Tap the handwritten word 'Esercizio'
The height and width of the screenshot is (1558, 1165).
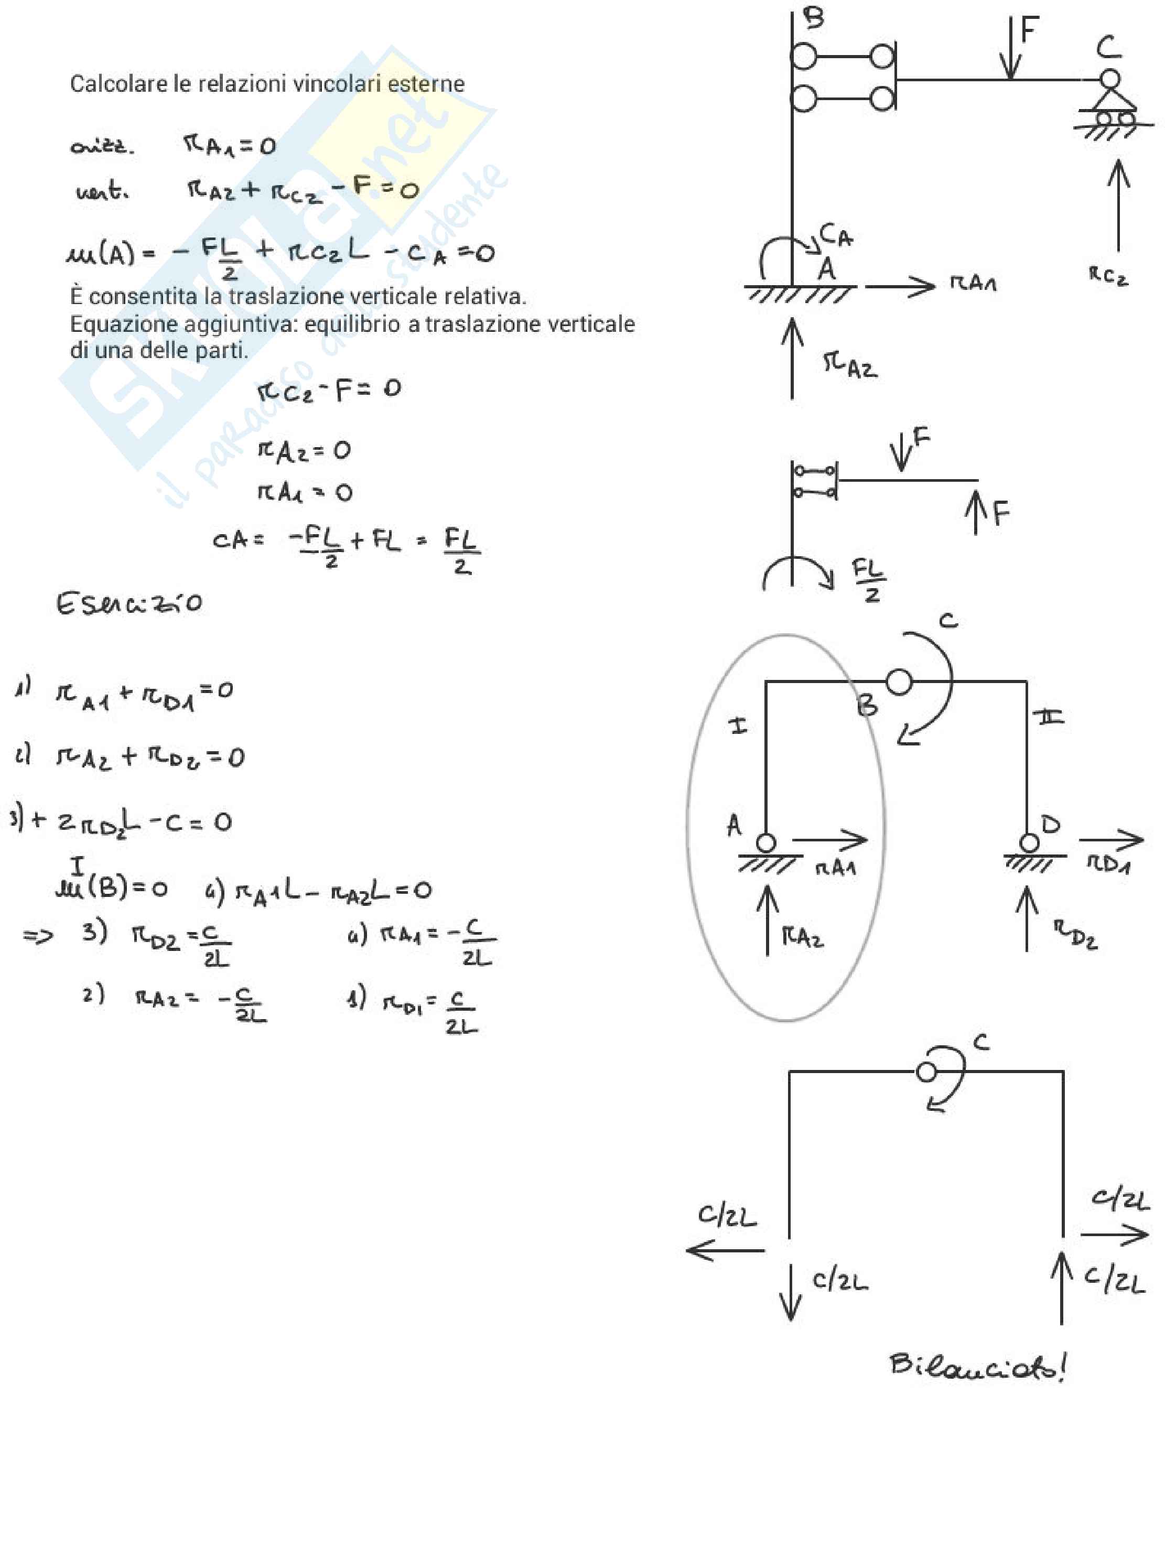[x=129, y=603]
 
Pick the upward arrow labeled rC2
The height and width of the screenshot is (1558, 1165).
[x=1118, y=204]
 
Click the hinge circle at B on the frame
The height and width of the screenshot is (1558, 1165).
[x=898, y=681]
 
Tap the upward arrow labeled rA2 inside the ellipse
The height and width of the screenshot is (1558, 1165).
[x=768, y=919]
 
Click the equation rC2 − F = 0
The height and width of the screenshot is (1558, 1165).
[x=329, y=389]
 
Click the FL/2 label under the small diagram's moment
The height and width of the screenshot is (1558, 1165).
[x=869, y=580]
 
